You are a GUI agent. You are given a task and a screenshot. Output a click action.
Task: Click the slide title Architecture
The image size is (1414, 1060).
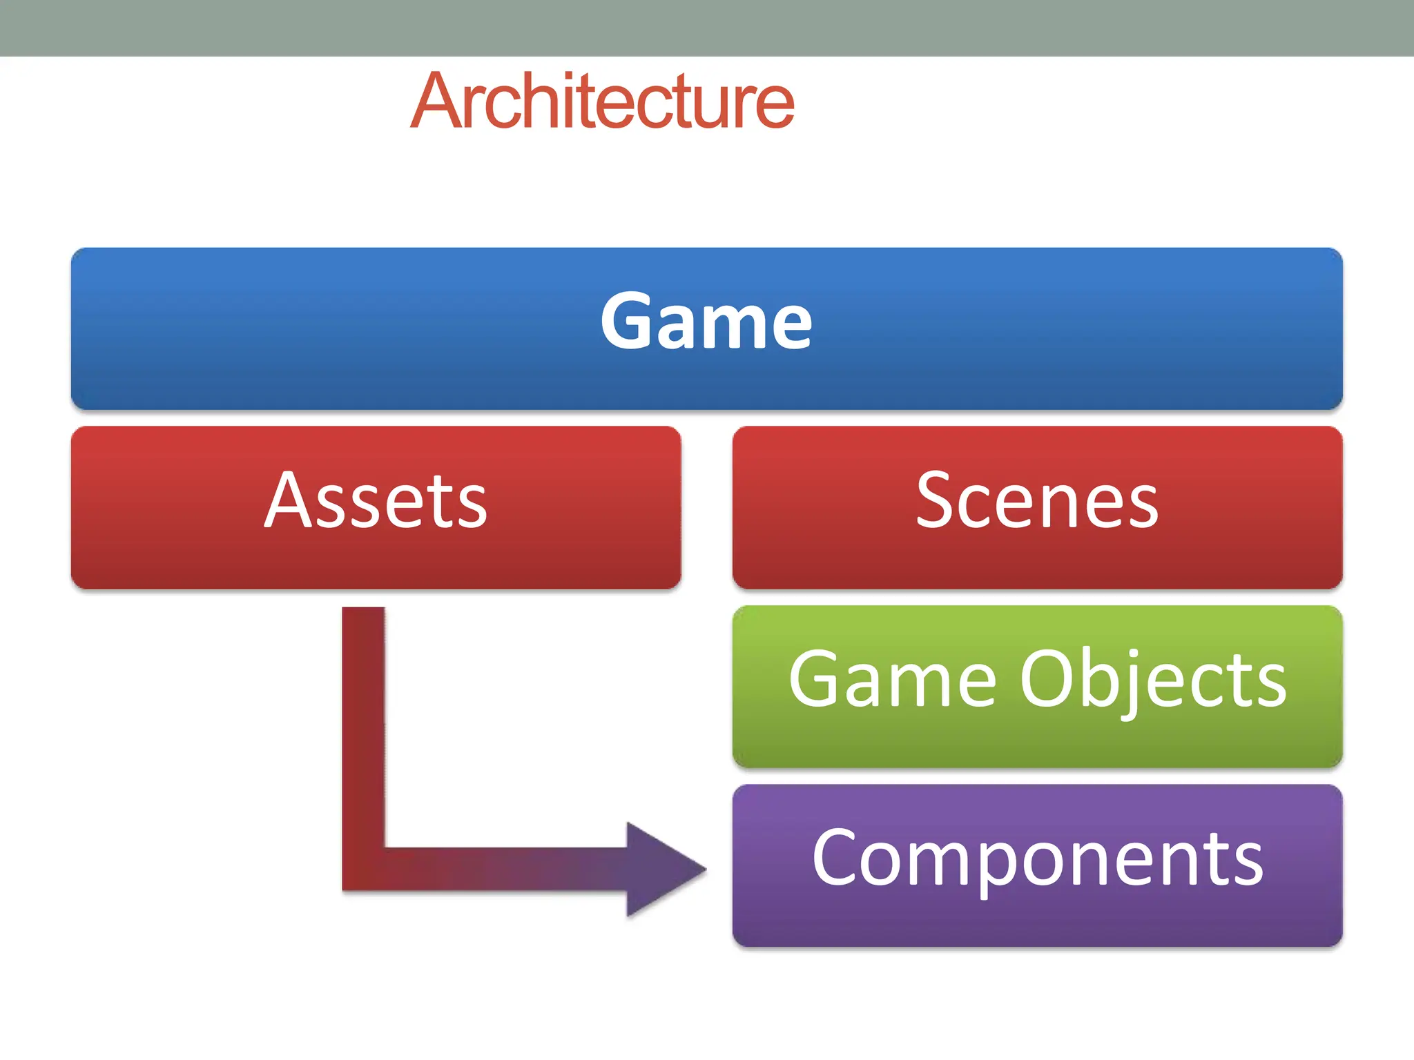click(x=602, y=101)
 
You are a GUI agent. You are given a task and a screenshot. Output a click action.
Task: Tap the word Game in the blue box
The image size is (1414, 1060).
click(x=706, y=322)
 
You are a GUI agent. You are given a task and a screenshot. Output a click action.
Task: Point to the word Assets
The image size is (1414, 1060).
click(x=376, y=501)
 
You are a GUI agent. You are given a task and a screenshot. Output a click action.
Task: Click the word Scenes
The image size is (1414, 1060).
click(x=1037, y=501)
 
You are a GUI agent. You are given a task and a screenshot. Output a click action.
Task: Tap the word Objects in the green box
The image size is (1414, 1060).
click(x=1153, y=682)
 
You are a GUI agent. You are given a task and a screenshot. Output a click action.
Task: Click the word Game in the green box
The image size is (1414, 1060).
click(x=892, y=680)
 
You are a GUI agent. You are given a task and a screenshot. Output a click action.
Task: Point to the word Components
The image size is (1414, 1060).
click(x=1037, y=859)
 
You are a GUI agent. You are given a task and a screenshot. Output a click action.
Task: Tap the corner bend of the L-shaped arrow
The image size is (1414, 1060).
click(x=364, y=868)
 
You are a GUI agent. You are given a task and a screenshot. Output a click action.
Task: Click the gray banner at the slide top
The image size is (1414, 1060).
click(x=707, y=28)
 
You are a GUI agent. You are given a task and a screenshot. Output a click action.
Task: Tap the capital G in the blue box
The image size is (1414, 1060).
click(x=627, y=321)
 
